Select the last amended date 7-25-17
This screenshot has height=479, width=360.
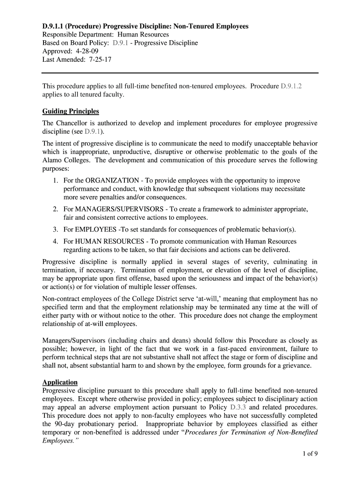click(99, 60)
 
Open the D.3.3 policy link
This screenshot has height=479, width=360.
click(239, 407)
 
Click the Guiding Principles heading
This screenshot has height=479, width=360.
click(71, 111)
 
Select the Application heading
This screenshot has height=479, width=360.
click(60, 382)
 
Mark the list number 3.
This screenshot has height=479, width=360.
click(55, 230)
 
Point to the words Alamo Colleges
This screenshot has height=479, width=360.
click(66, 160)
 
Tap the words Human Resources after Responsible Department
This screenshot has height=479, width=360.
click(143, 35)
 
